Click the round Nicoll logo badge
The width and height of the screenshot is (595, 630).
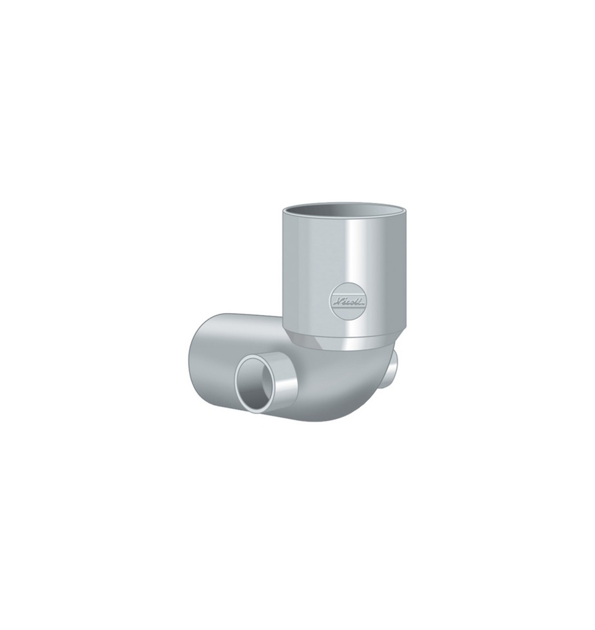(x=344, y=299)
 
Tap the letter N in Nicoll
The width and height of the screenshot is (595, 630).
(x=336, y=297)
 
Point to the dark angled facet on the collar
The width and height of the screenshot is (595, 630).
(x=300, y=340)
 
